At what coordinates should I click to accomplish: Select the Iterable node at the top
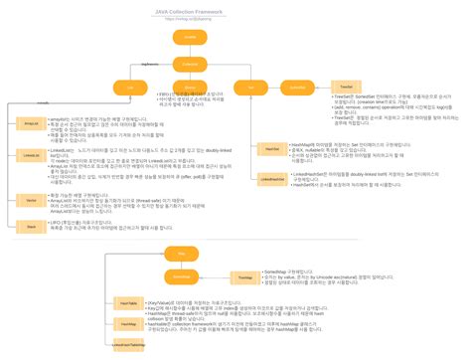click(x=187, y=37)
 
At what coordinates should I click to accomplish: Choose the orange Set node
click(x=251, y=88)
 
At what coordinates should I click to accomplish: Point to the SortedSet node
click(x=297, y=88)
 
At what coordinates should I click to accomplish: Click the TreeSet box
click(x=343, y=88)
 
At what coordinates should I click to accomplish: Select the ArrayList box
click(x=32, y=124)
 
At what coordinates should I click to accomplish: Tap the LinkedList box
click(x=32, y=155)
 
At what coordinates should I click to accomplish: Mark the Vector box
click(x=32, y=200)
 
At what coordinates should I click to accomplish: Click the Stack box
click(x=32, y=227)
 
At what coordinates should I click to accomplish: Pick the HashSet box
click(x=271, y=147)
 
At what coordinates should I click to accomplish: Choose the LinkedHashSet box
click(x=271, y=178)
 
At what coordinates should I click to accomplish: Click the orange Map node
click(x=182, y=254)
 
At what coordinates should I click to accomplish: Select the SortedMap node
click(x=182, y=274)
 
